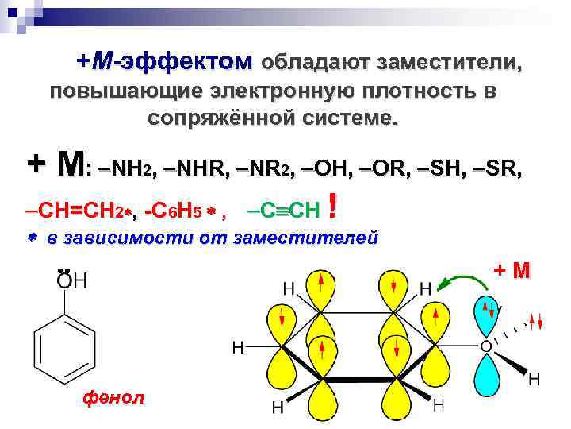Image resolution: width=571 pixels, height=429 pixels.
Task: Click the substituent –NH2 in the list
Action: point(128,168)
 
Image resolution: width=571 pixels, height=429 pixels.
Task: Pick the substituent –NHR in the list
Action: point(199,168)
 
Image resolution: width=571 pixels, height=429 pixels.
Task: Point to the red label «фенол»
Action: point(113,398)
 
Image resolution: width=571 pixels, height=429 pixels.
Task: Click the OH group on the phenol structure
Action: point(73,282)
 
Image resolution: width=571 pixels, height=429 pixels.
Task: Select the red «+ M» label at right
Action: point(512,271)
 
